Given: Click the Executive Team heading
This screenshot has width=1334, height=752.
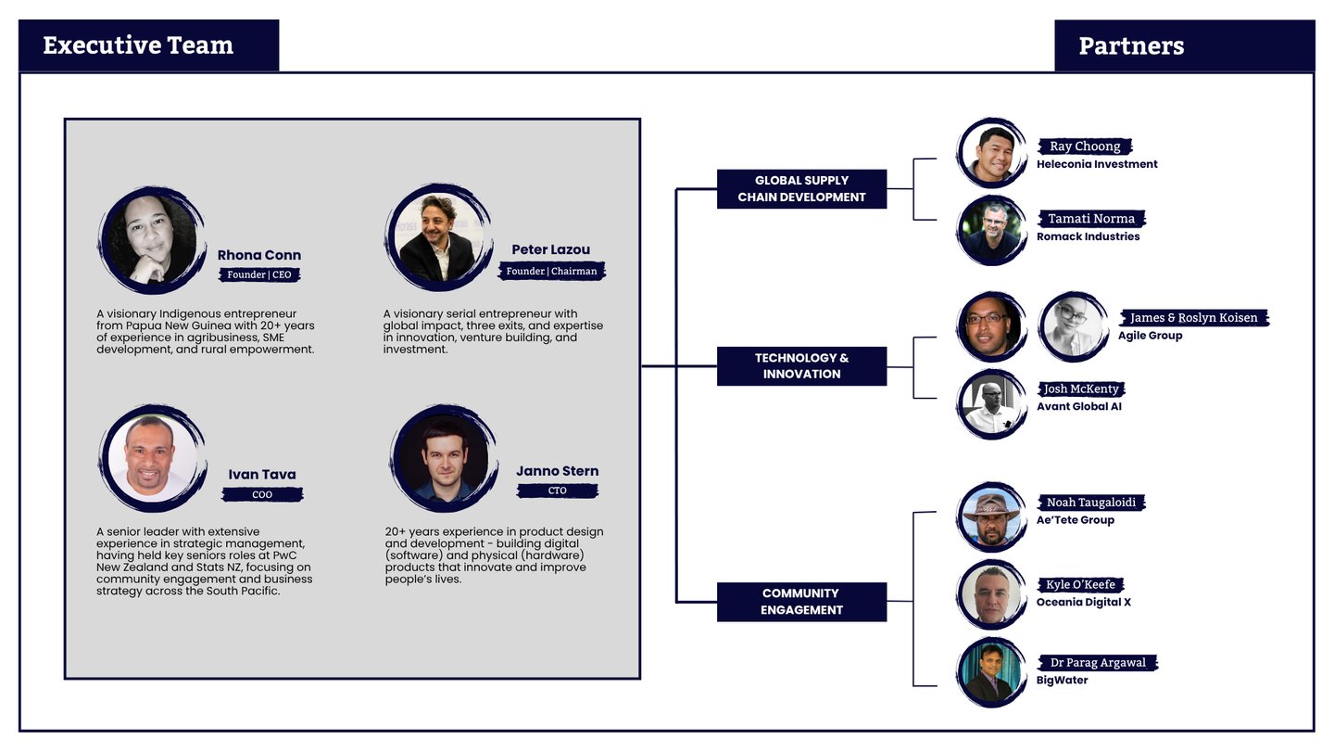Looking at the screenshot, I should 139,45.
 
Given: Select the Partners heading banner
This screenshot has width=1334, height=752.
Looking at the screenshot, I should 1131,46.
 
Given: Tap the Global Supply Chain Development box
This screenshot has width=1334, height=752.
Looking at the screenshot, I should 801,189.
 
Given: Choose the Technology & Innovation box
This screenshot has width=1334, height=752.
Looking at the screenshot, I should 801,366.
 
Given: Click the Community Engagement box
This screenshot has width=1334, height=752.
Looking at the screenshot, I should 801,602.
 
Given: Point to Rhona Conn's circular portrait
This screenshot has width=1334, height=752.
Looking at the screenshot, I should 149,239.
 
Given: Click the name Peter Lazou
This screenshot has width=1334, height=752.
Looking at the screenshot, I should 550,249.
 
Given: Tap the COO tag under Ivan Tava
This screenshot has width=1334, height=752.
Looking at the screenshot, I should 262,495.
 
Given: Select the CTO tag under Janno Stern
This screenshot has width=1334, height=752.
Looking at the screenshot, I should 557,491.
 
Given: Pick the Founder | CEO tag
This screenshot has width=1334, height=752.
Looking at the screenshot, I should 259,274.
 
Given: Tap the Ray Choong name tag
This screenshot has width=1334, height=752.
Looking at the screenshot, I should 1085,147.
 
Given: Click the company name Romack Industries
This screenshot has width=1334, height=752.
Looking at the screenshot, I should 1088,236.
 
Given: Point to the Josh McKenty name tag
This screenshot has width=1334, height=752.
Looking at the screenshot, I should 1081,389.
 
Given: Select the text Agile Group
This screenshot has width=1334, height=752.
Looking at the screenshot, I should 1150,336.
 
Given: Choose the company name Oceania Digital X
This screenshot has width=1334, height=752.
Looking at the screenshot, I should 1083,603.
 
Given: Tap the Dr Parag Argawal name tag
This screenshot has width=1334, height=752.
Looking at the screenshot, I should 1098,663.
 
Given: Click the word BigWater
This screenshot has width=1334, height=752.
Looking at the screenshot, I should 1062,681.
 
